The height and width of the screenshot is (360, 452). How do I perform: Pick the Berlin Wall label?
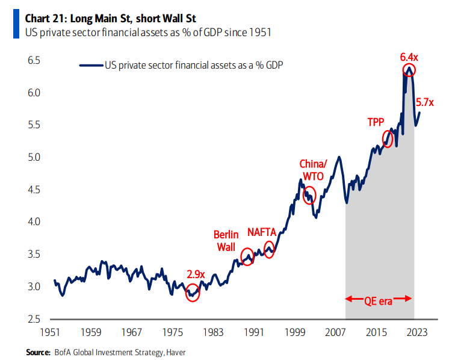226,240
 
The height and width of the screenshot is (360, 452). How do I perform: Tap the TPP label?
376,122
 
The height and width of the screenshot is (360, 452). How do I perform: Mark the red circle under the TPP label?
388,140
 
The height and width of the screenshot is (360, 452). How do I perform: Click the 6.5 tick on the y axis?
34,61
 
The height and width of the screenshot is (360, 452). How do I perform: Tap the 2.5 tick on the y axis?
34,319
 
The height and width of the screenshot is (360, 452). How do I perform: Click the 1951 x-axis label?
50,332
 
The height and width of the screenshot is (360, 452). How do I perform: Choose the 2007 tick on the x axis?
335,332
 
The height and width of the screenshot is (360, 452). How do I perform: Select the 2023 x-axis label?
417,332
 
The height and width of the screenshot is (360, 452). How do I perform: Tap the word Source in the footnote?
38,351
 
